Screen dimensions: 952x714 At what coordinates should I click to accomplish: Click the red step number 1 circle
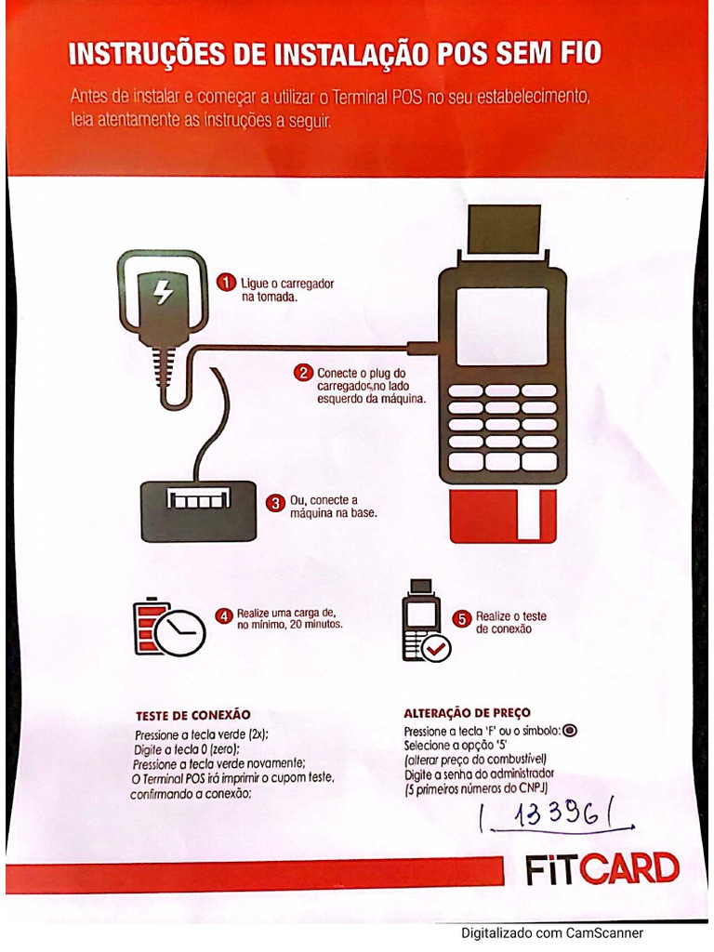225,281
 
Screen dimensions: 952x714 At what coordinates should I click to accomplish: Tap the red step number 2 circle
303,373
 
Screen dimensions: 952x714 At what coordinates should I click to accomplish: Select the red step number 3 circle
274,503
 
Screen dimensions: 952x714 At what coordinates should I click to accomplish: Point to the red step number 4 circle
224,615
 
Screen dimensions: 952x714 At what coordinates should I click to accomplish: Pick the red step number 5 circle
462,618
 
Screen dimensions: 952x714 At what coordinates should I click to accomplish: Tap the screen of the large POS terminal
502,326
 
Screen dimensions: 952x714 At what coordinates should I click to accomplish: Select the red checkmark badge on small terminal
435,647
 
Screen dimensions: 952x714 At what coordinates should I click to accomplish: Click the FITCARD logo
602,869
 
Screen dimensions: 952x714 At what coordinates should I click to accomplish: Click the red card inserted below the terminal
502,517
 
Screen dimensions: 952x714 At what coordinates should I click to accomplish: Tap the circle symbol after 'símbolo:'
570,731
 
